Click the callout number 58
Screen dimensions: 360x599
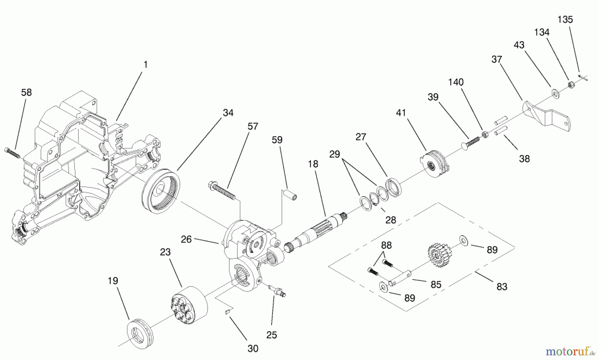pos(26,92)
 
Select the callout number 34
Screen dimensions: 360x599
pos(228,113)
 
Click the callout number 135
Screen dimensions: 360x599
pos(565,20)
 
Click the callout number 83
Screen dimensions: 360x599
pos(501,286)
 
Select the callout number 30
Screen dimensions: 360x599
pos(253,348)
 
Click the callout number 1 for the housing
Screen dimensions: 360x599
pos(145,65)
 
